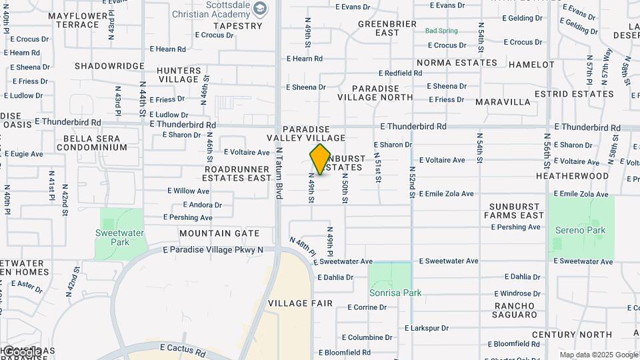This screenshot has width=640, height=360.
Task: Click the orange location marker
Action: click(320, 159)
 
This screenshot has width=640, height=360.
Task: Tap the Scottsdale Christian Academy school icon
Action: click(260, 9)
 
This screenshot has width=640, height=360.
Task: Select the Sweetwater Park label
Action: click(111, 238)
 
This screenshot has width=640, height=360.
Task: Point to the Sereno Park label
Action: click(580, 230)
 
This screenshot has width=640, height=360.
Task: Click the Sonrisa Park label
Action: click(395, 293)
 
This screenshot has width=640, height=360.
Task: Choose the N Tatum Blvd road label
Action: click(280, 173)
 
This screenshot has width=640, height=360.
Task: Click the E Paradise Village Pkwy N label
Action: click(213, 250)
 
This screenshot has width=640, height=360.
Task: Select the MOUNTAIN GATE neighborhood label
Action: click(219, 233)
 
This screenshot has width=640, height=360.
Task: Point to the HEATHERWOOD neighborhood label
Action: click(572, 176)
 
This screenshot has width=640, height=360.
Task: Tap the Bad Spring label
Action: click(441, 31)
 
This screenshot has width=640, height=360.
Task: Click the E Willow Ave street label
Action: click(188, 191)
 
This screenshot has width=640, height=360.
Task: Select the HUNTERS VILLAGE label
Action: click(179, 75)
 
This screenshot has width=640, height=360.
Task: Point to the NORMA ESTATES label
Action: click(457, 63)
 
